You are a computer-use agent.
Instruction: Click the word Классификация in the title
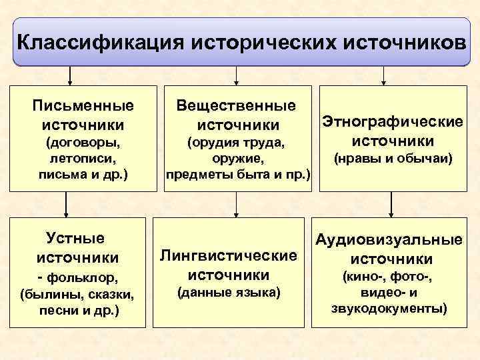100,42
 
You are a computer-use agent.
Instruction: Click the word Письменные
83,105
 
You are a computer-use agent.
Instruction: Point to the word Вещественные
236,105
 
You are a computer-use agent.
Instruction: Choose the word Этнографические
392,122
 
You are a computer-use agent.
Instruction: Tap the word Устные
77,237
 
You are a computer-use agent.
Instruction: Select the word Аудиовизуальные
389,240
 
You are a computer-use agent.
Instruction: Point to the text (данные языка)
229,292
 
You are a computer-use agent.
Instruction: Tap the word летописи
83,159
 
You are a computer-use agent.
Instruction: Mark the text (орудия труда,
237,143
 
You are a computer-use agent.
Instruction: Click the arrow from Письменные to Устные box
65,203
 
